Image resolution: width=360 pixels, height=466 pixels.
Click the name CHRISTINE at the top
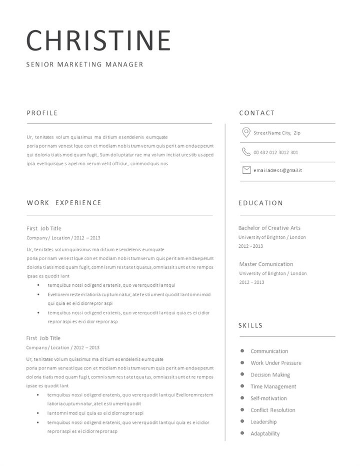98,40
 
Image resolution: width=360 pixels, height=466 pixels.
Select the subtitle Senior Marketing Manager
85,65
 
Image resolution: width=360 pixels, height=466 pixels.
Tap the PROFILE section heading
42,113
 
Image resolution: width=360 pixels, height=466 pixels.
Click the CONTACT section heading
257,113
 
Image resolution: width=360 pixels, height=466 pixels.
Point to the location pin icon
246,133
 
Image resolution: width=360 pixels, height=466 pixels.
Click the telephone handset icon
246,152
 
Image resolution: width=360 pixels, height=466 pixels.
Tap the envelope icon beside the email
246,170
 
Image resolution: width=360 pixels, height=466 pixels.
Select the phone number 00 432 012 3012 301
275,152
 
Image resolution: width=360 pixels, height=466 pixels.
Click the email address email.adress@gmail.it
277,170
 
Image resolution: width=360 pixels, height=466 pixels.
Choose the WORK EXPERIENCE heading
64,203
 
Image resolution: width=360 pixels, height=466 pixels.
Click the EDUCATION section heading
260,203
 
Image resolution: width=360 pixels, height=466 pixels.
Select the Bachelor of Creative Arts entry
269,228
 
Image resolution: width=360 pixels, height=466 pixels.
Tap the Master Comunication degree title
266,264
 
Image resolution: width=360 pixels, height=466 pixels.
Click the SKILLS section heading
250,325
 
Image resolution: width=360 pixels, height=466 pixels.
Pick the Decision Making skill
270,375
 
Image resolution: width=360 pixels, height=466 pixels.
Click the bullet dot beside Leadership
242,421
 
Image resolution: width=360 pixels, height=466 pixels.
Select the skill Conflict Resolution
273,410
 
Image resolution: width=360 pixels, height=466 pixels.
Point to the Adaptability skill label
265,433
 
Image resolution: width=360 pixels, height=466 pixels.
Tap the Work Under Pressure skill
276,363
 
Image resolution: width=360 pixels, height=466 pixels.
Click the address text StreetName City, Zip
277,133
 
